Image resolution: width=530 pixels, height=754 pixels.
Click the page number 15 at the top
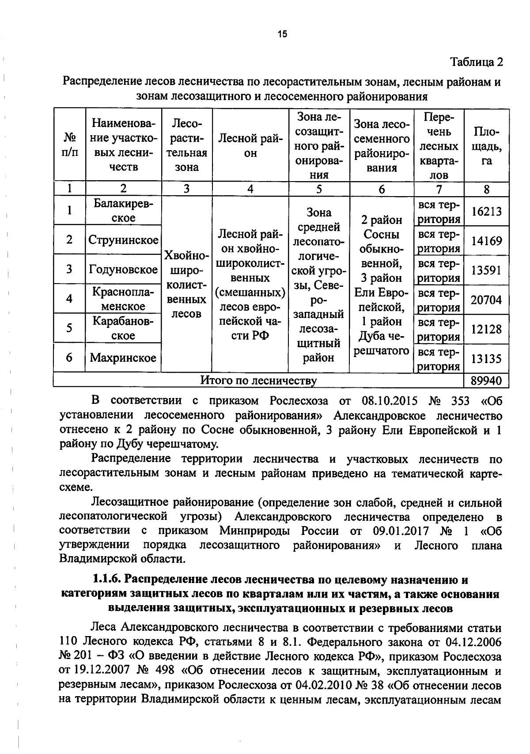[282, 34]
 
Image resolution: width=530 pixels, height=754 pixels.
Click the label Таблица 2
[476, 62]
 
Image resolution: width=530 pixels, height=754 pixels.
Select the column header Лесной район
[250, 146]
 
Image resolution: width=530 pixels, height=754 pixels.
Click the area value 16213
[486, 212]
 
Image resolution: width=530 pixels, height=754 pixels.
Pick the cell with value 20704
[486, 300]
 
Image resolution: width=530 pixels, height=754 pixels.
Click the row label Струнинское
[123, 240]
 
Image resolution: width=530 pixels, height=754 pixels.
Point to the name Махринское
[123, 358]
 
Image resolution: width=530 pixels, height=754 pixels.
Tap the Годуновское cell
[123, 269]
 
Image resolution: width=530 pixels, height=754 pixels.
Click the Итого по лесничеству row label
[258, 380]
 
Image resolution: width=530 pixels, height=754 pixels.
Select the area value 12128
[486, 329]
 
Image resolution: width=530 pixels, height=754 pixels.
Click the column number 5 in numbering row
[319, 189]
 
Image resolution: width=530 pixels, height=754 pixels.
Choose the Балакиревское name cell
[123, 211]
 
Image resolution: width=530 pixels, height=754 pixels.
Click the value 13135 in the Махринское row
[486, 359]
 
